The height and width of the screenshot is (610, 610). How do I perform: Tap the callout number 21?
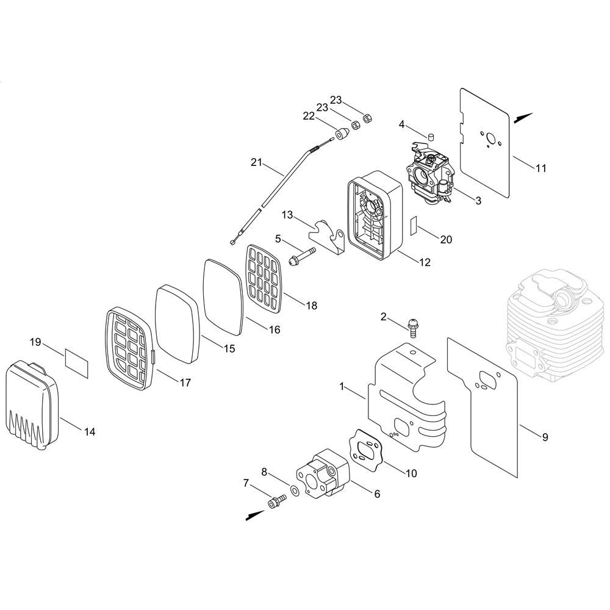point(256,162)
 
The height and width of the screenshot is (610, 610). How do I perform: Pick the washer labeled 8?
point(295,491)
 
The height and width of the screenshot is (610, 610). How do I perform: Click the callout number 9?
point(545,437)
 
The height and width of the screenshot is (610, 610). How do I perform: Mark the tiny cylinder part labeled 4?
point(431,137)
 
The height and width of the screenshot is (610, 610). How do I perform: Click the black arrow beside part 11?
point(523,118)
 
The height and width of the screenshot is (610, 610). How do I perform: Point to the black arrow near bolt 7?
point(256,515)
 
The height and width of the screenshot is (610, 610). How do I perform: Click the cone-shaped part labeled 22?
point(342,134)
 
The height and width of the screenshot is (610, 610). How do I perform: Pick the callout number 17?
point(185,383)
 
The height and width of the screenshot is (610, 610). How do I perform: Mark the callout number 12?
point(425,262)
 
